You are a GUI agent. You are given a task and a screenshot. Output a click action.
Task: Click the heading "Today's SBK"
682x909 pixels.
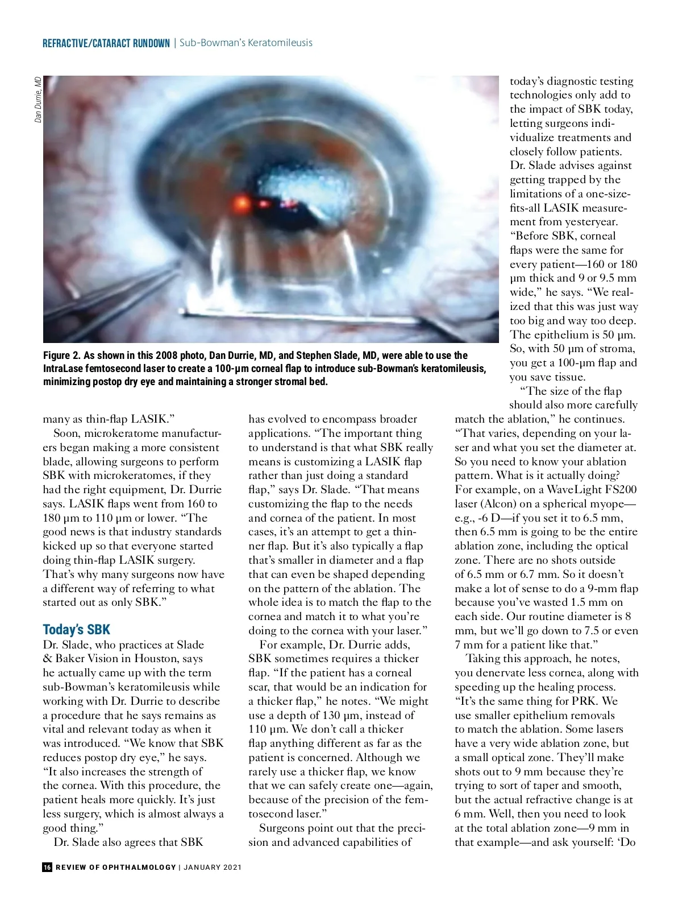[76, 630]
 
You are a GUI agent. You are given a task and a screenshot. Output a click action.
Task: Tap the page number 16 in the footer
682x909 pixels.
[47, 867]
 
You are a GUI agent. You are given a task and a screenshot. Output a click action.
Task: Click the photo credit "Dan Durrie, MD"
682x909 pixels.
[38, 100]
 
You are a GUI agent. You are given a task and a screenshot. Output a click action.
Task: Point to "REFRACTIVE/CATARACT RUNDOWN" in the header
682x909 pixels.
[106, 43]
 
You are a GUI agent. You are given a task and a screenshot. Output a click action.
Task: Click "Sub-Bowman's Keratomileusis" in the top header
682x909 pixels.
[246, 43]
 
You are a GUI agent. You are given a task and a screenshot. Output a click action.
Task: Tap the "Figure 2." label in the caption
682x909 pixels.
[62, 356]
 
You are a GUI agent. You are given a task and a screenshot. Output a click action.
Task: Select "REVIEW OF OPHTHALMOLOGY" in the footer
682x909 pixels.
[116, 867]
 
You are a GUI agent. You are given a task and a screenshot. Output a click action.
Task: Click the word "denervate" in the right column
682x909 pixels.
[501, 673]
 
